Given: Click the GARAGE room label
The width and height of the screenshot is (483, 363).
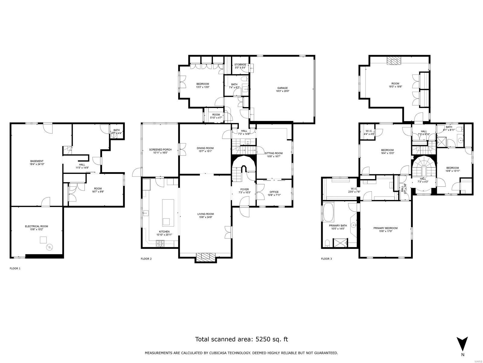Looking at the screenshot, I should [x=283, y=88].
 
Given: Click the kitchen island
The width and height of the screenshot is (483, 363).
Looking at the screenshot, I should [x=166, y=212].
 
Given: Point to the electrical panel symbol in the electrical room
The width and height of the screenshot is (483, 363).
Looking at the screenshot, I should [x=49, y=247].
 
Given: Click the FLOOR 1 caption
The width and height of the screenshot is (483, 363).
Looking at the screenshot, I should [x=15, y=268].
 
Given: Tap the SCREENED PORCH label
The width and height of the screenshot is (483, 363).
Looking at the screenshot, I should [x=160, y=149].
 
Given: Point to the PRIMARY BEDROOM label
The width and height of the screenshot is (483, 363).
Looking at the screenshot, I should [x=385, y=228].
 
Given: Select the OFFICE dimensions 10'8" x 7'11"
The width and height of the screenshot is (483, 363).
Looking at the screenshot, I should [x=274, y=195].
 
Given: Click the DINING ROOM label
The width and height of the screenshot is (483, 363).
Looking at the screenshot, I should [x=205, y=148].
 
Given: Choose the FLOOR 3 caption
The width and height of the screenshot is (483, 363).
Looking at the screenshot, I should [x=326, y=259].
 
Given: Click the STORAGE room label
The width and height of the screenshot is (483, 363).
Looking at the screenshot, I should [x=240, y=64].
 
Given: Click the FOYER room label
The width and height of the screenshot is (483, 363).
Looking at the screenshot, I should [x=244, y=189].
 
